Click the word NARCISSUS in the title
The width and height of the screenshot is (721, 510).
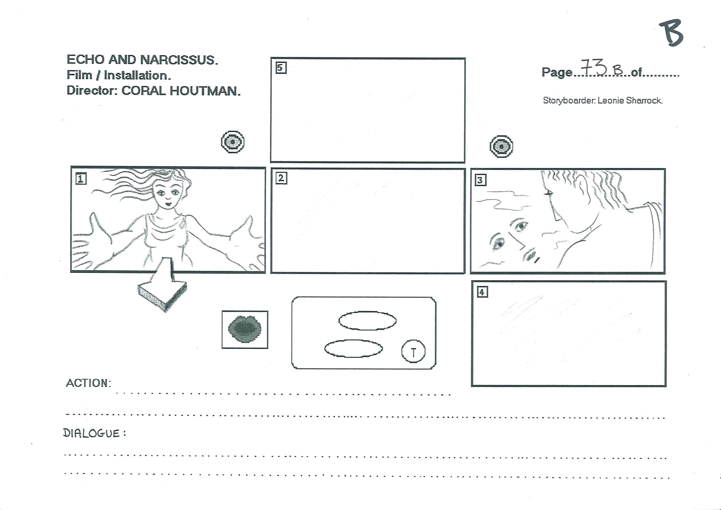178,60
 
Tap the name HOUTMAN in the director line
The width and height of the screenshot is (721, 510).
205,91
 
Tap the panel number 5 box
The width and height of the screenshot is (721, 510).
281,68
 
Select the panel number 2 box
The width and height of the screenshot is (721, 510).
281,178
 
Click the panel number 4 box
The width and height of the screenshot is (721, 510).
482,292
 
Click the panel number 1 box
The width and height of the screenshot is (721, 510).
81,179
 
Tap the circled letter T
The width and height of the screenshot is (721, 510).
413,351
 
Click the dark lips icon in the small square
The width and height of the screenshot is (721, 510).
245,329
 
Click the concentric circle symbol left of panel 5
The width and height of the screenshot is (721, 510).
233,142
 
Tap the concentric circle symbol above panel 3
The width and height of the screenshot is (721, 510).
501,146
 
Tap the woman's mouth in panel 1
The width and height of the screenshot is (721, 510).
169,204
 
